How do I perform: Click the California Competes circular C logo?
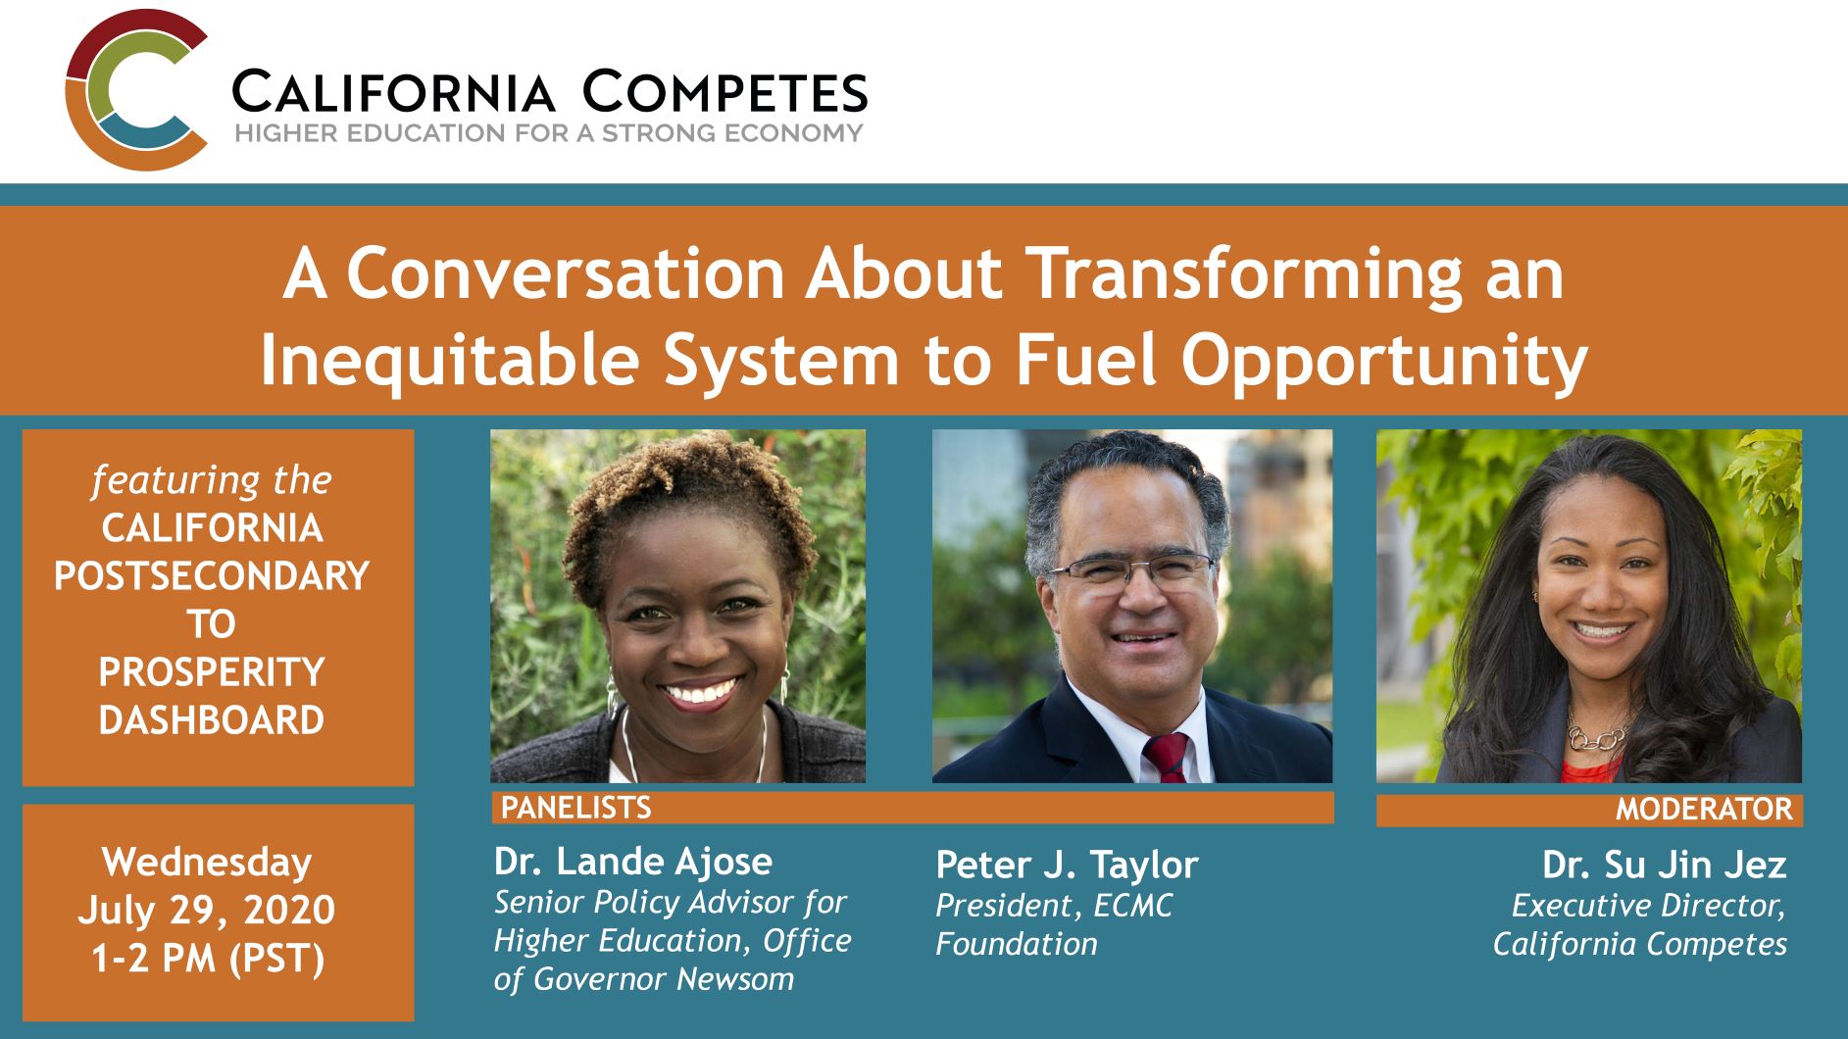point(135,90)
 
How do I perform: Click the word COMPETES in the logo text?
point(724,92)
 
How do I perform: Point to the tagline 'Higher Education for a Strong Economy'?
point(548,133)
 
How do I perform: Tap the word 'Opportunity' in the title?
point(1383,361)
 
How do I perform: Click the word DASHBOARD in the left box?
point(212,720)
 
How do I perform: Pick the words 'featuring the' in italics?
point(212,480)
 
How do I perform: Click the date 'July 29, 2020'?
point(207,910)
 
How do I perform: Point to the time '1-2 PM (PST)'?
point(208,958)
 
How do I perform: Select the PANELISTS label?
point(576,808)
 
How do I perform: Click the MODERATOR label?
point(1704,810)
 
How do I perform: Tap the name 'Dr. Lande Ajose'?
point(633,862)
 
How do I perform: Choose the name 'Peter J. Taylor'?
point(1067,865)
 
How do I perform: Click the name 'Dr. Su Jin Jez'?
point(1664,865)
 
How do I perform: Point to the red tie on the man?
point(1167,758)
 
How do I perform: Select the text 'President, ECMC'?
point(1054,906)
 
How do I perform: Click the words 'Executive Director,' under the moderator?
point(1648,906)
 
